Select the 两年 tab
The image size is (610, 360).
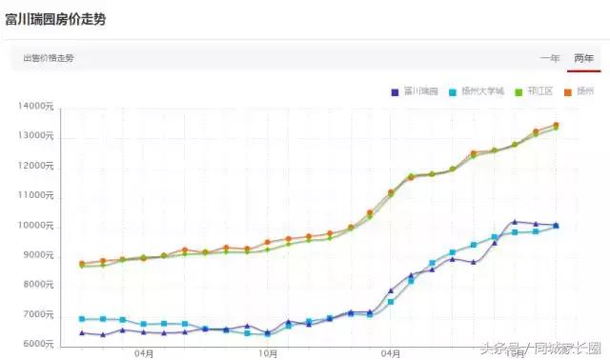coord(583,58)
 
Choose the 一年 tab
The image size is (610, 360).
coord(550,58)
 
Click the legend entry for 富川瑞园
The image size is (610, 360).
coord(415,91)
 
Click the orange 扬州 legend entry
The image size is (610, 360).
coord(579,91)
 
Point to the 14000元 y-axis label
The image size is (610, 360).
coord(36,107)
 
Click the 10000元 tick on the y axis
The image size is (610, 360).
coord(36,226)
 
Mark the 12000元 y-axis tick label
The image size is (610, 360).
coord(36,167)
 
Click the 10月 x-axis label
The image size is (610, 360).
coord(269,353)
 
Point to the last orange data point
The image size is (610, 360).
coord(557,125)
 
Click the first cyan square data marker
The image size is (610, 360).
coord(82,319)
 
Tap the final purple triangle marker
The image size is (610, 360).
coord(557,226)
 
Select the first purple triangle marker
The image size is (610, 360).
coord(82,332)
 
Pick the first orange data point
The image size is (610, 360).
coord(82,264)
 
